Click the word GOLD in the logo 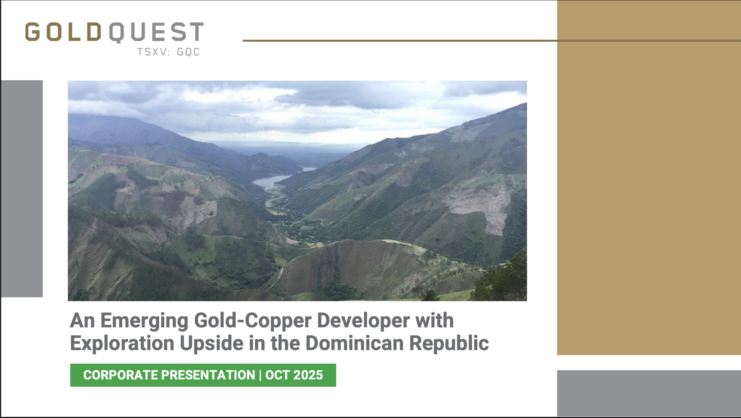click(x=63, y=32)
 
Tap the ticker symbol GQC click(x=188, y=52)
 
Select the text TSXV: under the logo click(x=154, y=52)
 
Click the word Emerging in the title click(x=145, y=321)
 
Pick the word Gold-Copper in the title click(x=253, y=321)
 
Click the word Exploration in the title click(x=122, y=343)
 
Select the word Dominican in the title click(x=355, y=343)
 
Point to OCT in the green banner click(x=277, y=375)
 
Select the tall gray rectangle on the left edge click(x=22, y=189)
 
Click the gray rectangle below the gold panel click(x=649, y=393)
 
